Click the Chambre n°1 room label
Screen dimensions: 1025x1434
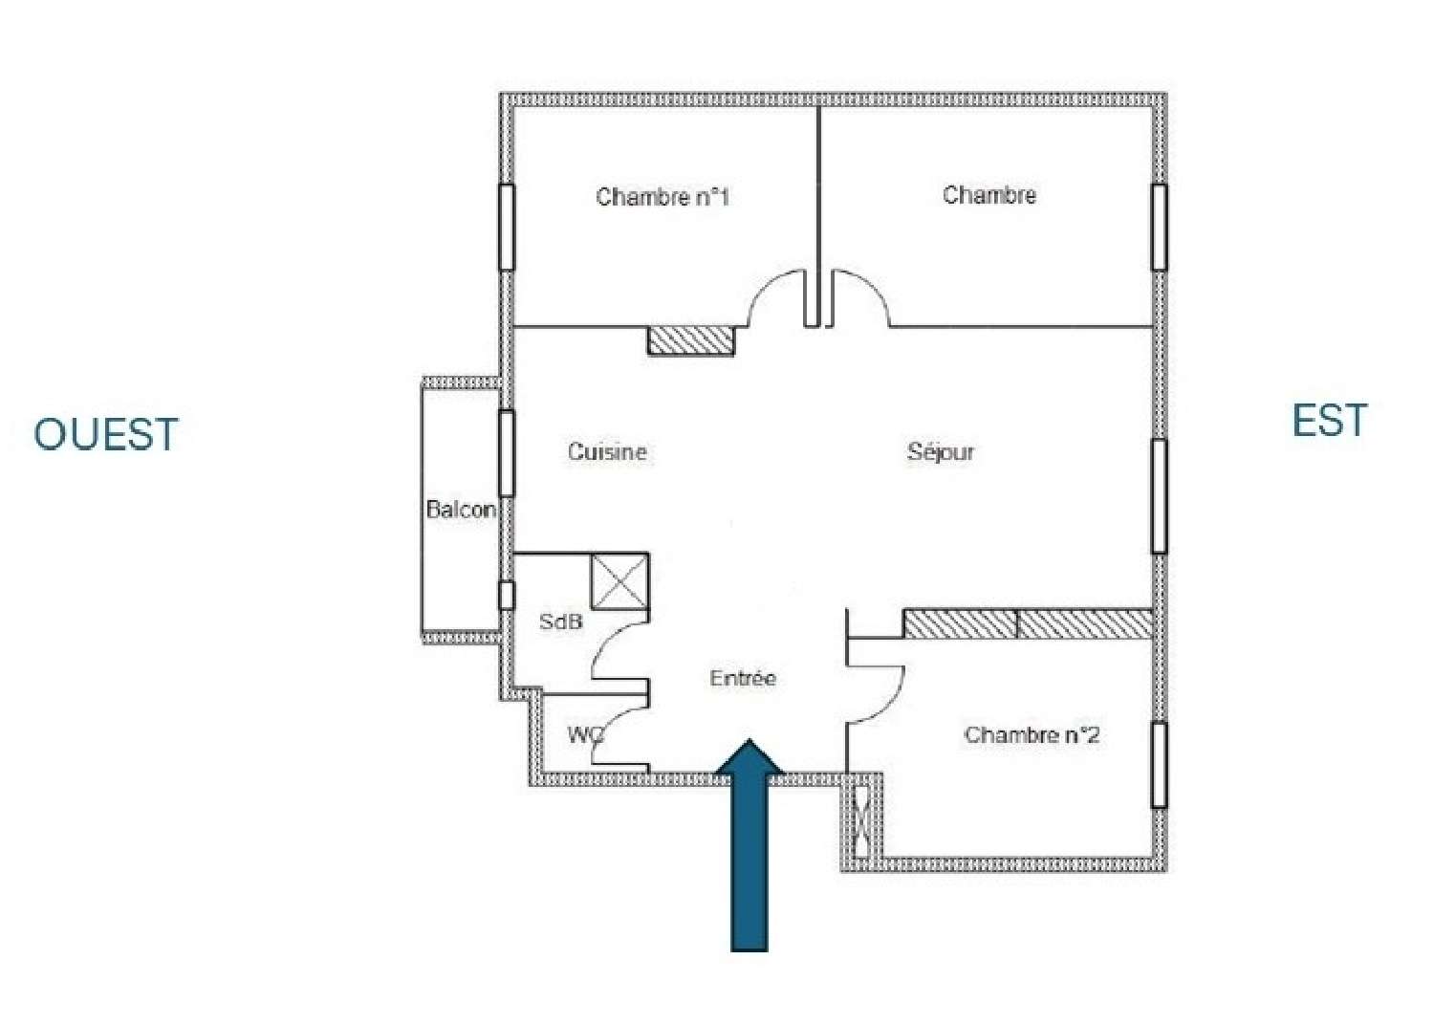pos(663,197)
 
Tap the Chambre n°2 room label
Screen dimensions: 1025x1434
pos(1032,735)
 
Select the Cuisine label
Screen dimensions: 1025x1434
pos(607,451)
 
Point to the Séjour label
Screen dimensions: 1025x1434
pos(941,452)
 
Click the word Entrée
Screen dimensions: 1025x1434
pos(743,678)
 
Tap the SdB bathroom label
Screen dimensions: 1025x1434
pos(560,622)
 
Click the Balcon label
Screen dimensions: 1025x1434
pos(461,509)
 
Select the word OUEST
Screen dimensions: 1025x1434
pos(106,434)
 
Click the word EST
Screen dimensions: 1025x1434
pos(1330,421)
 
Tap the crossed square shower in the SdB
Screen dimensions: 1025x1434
pos(619,580)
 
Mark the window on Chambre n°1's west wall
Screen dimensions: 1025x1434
pos(507,227)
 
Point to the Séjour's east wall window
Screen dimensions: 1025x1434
pos(1159,495)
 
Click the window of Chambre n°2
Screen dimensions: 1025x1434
pos(1159,765)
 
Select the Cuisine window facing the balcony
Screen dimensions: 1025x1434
pos(507,452)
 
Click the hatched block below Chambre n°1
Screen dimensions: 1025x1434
pos(691,340)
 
